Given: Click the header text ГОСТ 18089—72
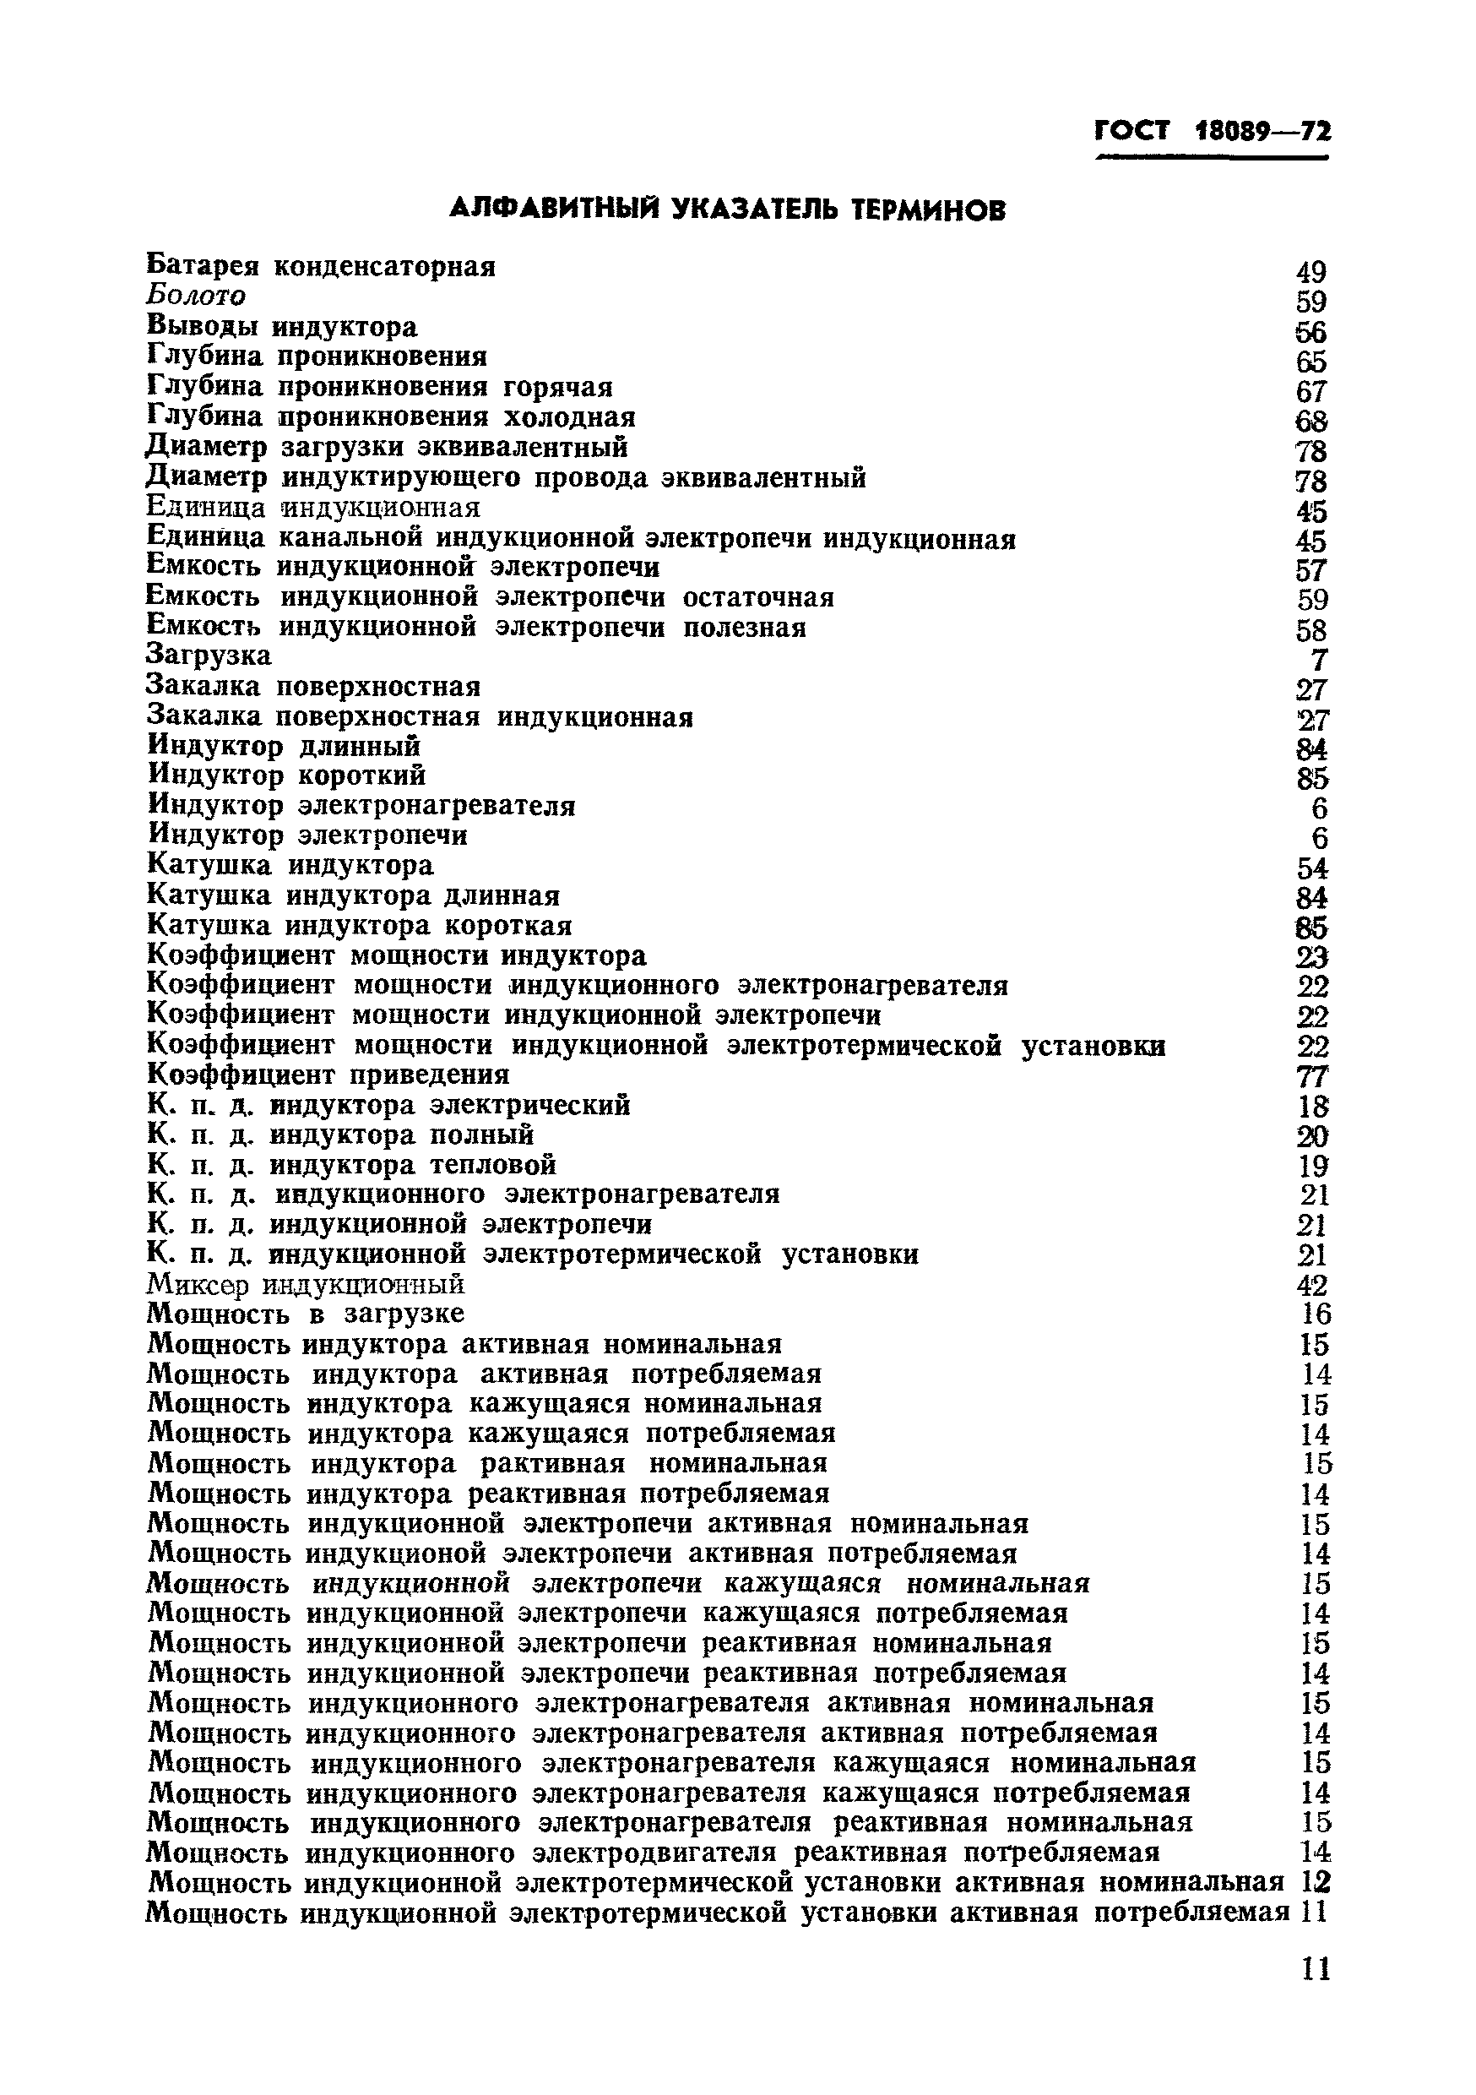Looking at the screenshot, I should point(1212,133).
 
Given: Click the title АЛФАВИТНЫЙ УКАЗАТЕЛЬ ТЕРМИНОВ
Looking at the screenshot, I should point(728,209).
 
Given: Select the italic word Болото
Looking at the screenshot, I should point(196,296).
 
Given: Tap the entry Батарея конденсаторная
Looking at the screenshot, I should point(321,266).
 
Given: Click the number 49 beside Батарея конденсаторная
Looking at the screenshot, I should point(1310,272).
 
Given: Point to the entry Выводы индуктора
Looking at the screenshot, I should point(282,326).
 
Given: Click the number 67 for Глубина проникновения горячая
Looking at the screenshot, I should point(1310,391).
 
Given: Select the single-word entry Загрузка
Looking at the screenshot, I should point(209,656).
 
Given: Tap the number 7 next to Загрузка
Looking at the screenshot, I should point(1319,660).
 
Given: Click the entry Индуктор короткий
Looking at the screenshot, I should point(286,775).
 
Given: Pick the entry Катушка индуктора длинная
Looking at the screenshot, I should point(353,895).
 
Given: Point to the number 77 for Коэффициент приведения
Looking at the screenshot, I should point(1313,1078).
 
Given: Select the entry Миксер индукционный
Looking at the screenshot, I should point(306,1285).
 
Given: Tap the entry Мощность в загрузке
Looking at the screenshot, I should point(306,1314).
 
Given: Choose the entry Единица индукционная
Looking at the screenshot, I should point(313,506).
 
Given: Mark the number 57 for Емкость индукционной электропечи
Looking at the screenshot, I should point(1310,570).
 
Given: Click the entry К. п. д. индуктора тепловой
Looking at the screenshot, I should point(351,1165).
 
